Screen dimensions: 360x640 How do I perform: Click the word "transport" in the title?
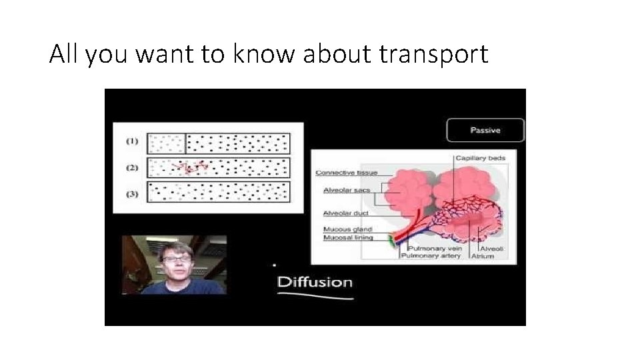(433, 54)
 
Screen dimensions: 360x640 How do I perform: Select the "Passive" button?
(485, 130)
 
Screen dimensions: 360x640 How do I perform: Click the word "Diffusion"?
(315, 281)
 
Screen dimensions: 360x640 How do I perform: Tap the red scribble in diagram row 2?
(189, 167)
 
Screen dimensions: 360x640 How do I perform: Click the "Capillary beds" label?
(480, 159)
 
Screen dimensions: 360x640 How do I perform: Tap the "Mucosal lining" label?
(347, 237)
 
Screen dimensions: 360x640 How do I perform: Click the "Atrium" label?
(483, 257)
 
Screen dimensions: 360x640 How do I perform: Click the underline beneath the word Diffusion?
(315, 296)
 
